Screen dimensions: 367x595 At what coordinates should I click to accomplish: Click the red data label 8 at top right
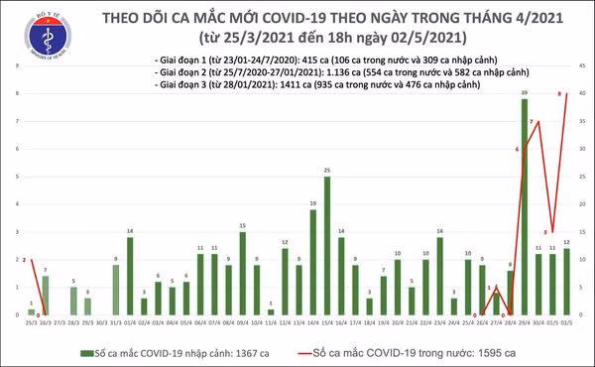coord(561,93)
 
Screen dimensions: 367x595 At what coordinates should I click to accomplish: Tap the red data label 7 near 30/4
coord(533,123)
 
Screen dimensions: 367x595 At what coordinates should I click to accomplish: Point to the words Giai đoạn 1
coord(183,61)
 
